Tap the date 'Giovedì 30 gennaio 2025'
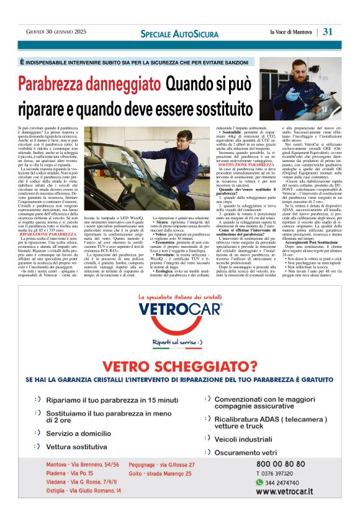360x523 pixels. [56, 32]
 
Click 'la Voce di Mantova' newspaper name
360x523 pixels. [291, 32]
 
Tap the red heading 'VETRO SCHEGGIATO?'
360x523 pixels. [180, 367]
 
